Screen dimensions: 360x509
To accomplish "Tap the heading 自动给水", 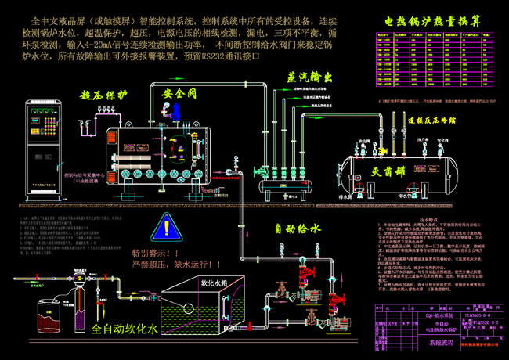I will [x=294, y=229].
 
